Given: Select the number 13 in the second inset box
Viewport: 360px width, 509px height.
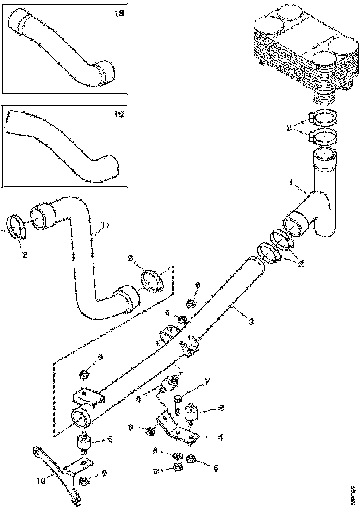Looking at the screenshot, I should point(119,114).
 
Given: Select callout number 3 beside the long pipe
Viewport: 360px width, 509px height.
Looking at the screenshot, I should point(251,321).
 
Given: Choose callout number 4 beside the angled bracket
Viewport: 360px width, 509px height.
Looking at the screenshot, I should point(220,436).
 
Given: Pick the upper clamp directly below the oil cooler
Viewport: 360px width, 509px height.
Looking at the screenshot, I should point(323,119).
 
